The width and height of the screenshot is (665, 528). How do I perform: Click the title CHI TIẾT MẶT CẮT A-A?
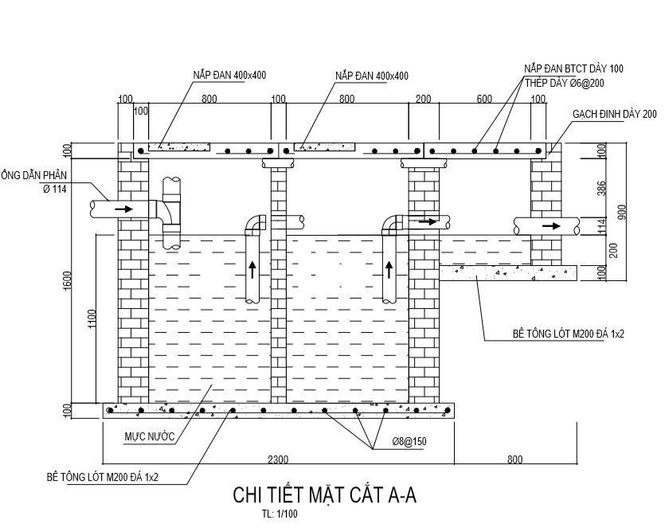click(324, 495)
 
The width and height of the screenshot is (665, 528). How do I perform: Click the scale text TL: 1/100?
click(279, 514)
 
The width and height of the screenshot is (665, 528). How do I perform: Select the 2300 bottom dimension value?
click(278, 459)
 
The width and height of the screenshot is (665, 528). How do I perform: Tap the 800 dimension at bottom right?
click(515, 459)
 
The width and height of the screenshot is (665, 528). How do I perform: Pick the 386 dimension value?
click(602, 188)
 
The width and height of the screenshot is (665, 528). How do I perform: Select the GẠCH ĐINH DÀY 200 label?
click(614, 115)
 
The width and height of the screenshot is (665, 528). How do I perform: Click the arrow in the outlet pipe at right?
click(550, 225)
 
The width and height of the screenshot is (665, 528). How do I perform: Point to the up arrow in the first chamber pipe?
click(252, 269)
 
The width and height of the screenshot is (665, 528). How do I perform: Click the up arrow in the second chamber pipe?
click(390, 269)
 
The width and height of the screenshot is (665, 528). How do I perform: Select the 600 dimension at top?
click(484, 99)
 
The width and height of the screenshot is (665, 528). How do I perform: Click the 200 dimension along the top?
click(423, 99)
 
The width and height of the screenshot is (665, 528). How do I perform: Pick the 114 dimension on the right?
click(602, 226)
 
